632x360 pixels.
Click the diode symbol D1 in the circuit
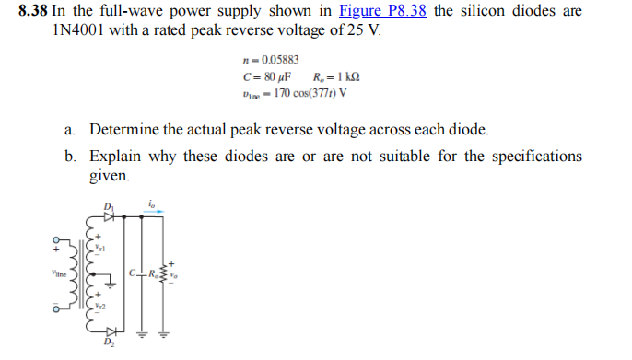pos(110,217)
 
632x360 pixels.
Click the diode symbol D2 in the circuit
pos(110,332)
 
